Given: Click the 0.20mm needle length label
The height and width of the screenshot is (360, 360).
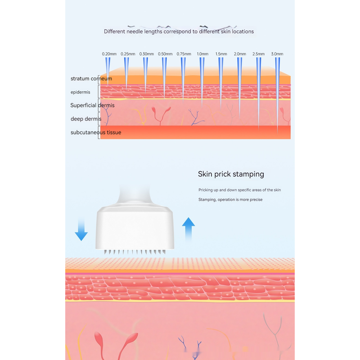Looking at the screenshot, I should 109,54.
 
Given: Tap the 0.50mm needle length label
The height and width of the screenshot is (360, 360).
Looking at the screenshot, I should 165,54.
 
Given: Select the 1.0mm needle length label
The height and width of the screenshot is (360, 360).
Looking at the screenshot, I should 202,54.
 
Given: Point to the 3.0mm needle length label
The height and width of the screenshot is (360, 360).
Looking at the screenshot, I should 277,54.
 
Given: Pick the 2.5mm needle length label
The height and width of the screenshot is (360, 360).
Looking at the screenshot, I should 258,54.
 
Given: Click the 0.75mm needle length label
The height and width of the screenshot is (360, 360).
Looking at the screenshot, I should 184,54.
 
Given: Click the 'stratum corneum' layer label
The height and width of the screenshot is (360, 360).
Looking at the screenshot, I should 91,79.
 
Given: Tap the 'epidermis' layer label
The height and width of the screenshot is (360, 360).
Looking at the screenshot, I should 80,92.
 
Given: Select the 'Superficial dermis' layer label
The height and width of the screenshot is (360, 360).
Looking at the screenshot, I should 92,105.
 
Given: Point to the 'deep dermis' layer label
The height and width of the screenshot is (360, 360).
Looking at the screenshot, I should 85,119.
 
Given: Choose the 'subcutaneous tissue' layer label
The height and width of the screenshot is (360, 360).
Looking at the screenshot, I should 95,132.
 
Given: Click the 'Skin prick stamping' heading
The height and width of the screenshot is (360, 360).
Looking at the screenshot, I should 231,174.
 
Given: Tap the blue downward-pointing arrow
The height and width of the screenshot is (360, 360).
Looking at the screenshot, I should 81,229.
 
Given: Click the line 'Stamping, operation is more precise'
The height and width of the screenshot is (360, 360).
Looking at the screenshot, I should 230,199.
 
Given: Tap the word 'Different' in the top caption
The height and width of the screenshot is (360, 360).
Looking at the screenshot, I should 114,31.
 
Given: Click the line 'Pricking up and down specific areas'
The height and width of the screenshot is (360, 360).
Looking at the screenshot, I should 239,190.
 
